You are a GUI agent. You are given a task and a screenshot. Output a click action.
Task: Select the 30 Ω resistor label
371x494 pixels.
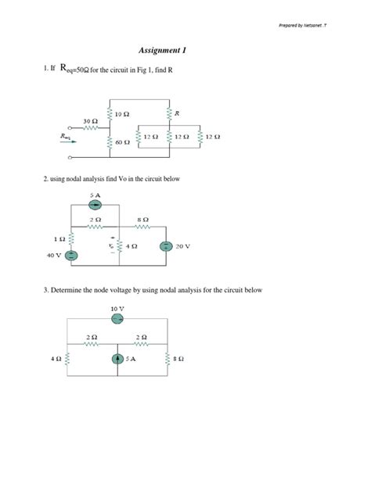pyautogui.click(x=90, y=121)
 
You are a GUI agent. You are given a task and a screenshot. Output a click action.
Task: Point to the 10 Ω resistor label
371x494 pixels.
pyautogui.click(x=121, y=114)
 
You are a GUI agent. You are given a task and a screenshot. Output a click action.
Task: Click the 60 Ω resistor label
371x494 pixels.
pyautogui.click(x=122, y=143)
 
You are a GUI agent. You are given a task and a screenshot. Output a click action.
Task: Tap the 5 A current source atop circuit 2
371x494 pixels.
pyautogui.click(x=95, y=206)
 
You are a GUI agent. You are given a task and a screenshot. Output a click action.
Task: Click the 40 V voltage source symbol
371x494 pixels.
pyautogui.click(x=70, y=254)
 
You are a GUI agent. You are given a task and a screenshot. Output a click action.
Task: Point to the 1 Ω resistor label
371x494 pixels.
pyautogui.click(x=59, y=237)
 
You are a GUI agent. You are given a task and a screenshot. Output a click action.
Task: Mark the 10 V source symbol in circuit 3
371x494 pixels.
pyautogui.click(x=117, y=318)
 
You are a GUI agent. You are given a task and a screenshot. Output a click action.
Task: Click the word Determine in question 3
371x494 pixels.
pyautogui.click(x=67, y=290)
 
